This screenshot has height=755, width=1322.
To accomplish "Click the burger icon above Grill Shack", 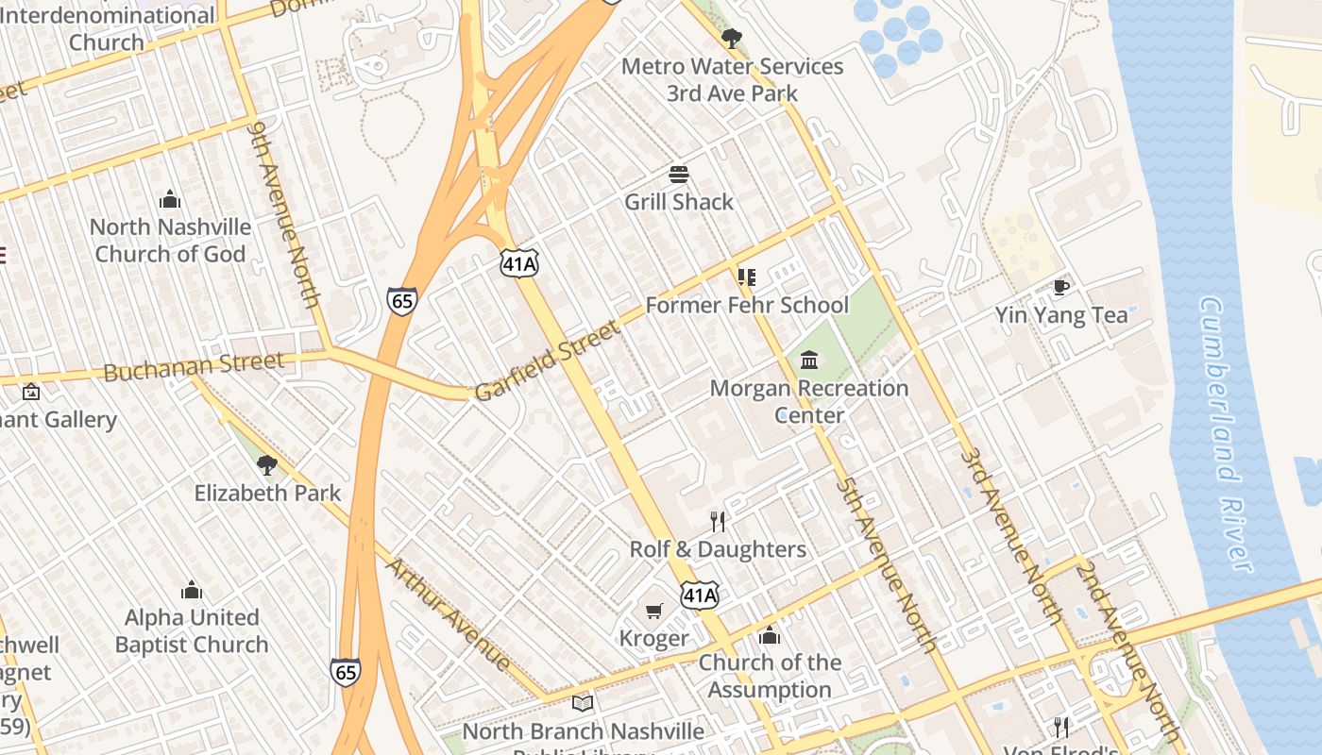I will [678, 175].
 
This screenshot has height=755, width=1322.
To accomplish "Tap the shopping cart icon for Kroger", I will [653, 612].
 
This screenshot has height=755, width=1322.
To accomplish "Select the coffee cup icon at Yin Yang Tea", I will [1061, 287].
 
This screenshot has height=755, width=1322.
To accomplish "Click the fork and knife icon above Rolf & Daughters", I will [718, 522].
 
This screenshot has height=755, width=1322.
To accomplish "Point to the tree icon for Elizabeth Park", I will [267, 464].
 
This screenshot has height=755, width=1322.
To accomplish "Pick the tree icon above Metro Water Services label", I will [731, 39].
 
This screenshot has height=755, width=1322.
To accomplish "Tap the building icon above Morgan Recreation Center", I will [809, 361].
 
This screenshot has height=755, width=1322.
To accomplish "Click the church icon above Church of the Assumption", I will [770, 635].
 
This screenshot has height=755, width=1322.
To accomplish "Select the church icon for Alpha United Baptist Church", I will [192, 590].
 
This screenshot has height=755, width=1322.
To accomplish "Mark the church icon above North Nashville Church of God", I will [170, 199].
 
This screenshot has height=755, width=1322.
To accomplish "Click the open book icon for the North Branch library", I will [583, 704].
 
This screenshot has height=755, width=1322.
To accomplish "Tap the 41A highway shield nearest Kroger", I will [700, 595].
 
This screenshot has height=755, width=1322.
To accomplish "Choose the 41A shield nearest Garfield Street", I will [519, 263].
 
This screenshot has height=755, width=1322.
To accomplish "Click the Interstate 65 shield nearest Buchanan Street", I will [401, 301].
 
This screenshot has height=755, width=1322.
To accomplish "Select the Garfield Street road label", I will [548, 361].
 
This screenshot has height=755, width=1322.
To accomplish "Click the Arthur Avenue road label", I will [449, 613].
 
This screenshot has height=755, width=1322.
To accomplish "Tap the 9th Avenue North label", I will [286, 214].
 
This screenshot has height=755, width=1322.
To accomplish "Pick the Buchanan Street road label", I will [193, 366].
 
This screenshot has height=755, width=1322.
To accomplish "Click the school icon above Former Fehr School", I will [747, 277].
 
